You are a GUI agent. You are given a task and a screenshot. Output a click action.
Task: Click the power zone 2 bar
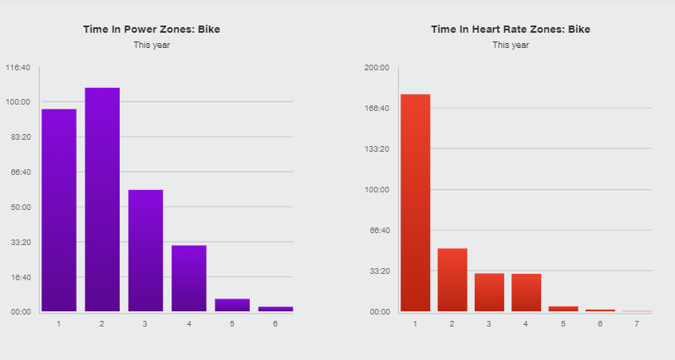tap(102, 200)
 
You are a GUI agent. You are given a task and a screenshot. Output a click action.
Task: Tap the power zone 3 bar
tap(145, 251)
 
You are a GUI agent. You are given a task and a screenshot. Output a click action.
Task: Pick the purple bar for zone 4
tap(189, 279)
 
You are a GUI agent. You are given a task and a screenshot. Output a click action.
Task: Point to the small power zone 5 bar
tap(232, 305)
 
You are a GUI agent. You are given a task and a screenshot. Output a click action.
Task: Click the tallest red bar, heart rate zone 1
tap(415, 203)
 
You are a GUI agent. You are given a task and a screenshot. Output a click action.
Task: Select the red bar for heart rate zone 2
tap(452, 279)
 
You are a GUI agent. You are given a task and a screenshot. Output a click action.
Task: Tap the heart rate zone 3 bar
tap(489, 292)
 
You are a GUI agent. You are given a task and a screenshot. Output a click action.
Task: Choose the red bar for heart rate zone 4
tap(526, 292)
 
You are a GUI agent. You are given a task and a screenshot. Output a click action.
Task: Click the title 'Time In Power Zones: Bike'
tap(152, 30)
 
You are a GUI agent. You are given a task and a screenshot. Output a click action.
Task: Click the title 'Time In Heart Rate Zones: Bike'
tap(511, 30)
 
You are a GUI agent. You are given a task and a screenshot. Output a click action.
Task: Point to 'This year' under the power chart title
tap(152, 45)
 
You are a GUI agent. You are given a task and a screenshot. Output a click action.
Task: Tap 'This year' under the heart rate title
tap(511, 45)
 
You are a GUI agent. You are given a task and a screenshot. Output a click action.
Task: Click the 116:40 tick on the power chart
tap(18, 67)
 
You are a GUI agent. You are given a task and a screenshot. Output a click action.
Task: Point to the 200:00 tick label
tap(376, 67)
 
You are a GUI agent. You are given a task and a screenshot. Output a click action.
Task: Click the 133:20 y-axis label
tap(376, 149)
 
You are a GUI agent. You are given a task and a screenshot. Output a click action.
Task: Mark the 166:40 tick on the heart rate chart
tap(376, 109)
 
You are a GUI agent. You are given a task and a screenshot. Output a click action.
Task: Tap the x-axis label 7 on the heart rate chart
tap(637, 324)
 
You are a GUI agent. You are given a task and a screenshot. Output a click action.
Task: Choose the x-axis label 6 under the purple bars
tap(275, 324)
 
